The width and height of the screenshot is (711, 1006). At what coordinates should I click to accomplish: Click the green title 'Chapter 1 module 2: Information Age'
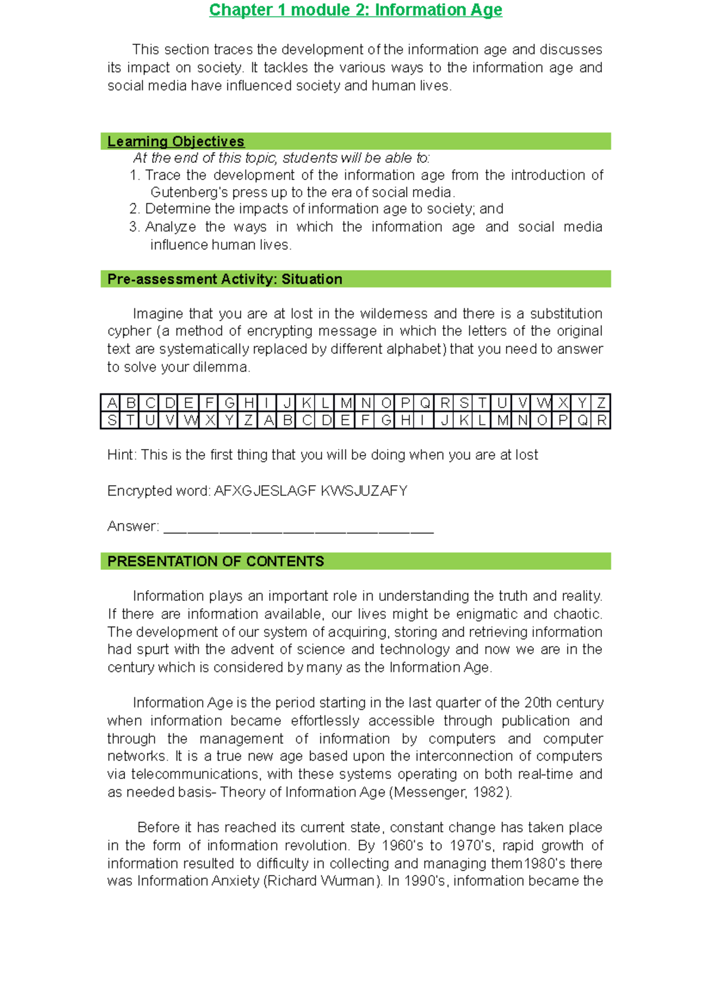355,10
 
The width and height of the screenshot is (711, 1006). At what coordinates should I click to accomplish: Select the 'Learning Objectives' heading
175,142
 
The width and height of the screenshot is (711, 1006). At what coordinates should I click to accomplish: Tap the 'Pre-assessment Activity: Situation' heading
225,279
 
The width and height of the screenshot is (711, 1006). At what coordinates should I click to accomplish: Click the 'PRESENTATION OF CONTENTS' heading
215,561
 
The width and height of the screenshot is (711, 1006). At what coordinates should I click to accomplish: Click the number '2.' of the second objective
134,209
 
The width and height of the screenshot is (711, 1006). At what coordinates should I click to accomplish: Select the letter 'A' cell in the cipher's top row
111,403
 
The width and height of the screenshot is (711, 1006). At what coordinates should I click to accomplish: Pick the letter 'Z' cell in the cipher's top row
601,403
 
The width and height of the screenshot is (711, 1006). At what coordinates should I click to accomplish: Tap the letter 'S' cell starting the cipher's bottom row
111,420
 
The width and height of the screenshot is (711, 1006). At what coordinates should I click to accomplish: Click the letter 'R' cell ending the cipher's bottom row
601,420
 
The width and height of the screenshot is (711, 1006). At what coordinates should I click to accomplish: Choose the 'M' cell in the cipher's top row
346,403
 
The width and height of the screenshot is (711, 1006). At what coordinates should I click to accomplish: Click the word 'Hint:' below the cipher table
121,455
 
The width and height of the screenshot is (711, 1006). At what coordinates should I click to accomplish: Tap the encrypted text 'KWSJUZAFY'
364,491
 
